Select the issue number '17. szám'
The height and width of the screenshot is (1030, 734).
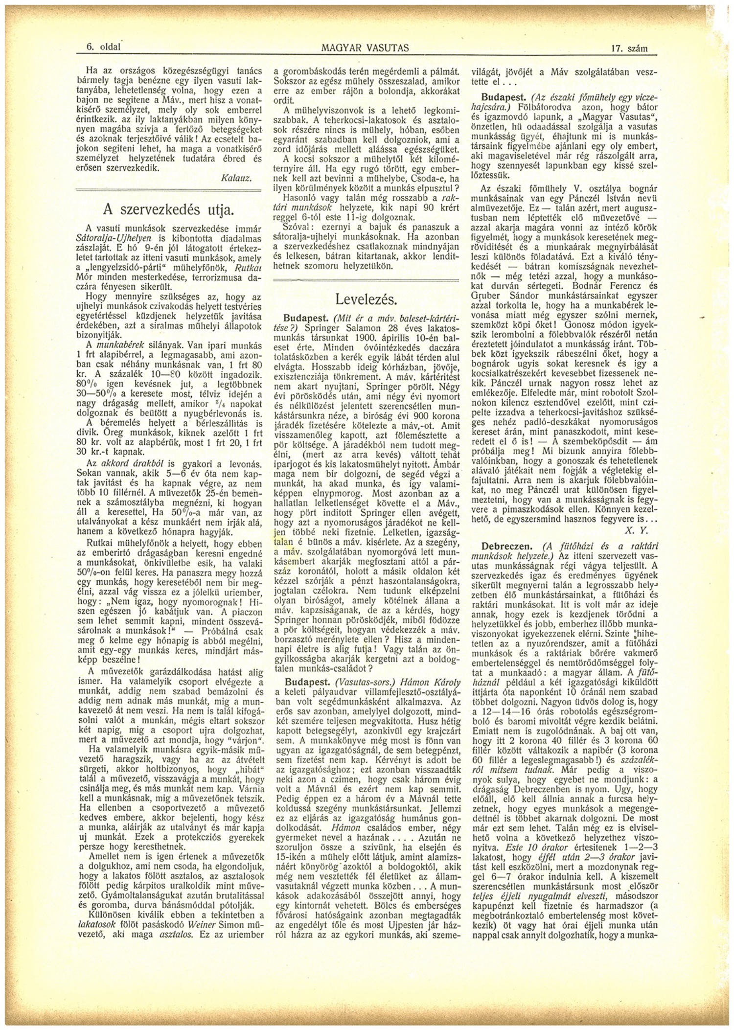[x=629, y=48]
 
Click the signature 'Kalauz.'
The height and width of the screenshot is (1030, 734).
[x=237, y=178]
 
